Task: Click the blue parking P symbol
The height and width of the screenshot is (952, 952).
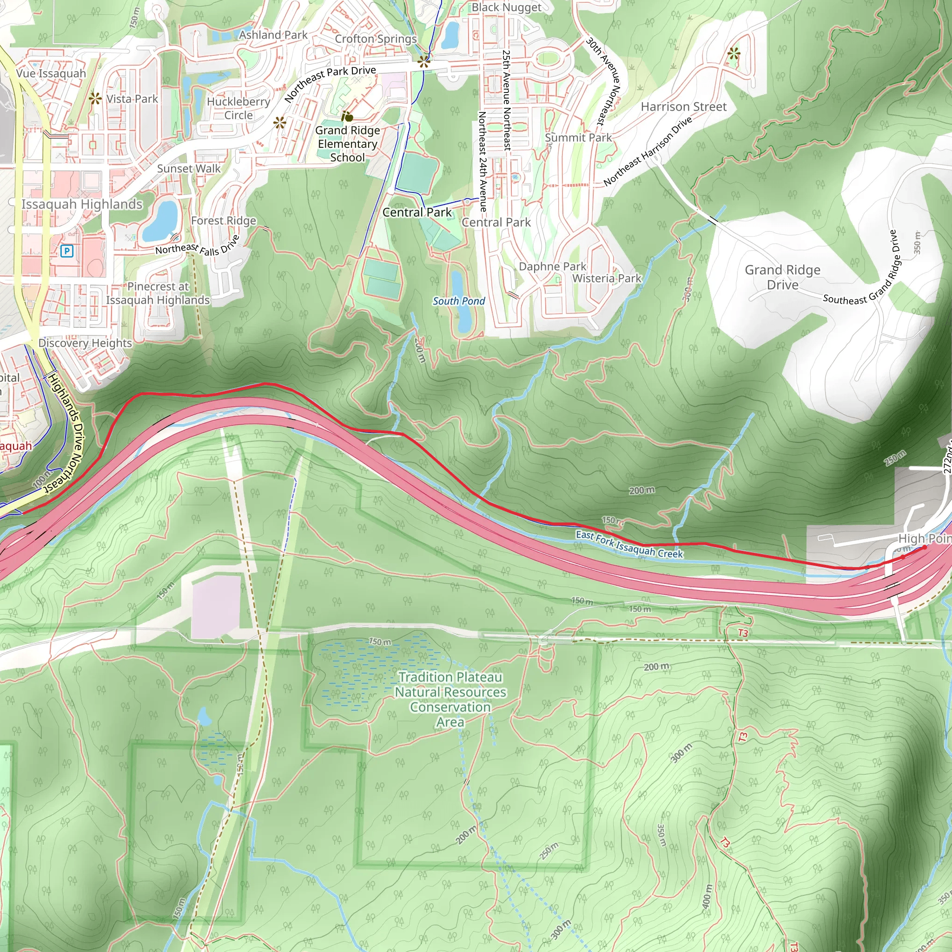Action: pyautogui.click(x=66, y=251)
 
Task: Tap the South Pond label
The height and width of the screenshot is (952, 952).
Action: pyautogui.click(x=459, y=301)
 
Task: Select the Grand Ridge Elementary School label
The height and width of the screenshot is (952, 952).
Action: pyautogui.click(x=347, y=144)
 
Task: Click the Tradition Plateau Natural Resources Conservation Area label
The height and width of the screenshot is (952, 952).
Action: pyautogui.click(x=450, y=699)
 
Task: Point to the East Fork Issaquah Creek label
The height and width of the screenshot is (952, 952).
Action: pyautogui.click(x=629, y=544)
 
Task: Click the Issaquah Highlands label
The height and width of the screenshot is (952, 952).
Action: pyautogui.click(x=82, y=204)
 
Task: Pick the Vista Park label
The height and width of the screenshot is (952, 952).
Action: pyautogui.click(x=132, y=99)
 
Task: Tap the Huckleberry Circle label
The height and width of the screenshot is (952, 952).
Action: pyautogui.click(x=238, y=108)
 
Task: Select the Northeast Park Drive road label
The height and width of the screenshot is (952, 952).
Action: pyautogui.click(x=330, y=83)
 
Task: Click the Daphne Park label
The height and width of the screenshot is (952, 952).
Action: pyautogui.click(x=552, y=266)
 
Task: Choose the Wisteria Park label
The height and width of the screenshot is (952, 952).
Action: pyautogui.click(x=607, y=278)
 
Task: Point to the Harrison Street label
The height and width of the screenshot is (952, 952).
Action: pyautogui.click(x=683, y=107)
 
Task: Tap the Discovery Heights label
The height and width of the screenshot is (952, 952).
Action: pyautogui.click(x=85, y=343)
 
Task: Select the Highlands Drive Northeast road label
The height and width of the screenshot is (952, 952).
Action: pyautogui.click(x=64, y=433)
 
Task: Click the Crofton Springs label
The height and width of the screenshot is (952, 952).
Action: pyautogui.click(x=376, y=39)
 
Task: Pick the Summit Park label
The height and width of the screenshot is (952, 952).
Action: pyautogui.click(x=578, y=138)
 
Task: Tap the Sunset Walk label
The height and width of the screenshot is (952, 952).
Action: pyautogui.click(x=189, y=169)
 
